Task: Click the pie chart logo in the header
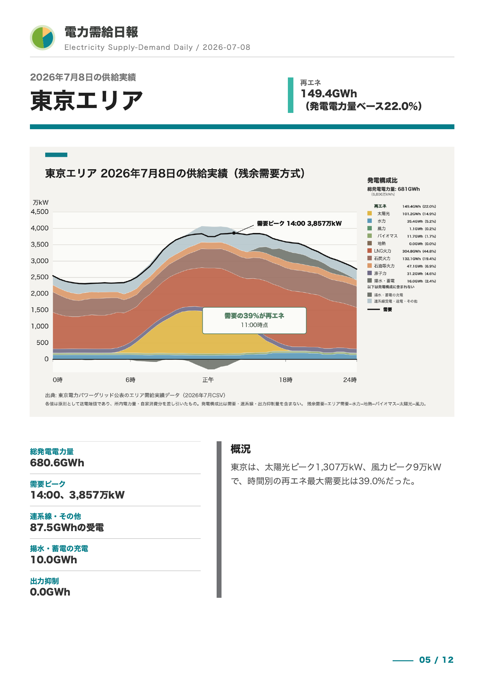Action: click(x=43, y=38)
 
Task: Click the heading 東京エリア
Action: click(x=87, y=101)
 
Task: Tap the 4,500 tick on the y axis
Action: click(x=40, y=212)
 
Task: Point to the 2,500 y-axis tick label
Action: click(x=40, y=277)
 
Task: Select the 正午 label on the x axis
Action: click(x=208, y=380)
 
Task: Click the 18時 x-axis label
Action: click(x=286, y=380)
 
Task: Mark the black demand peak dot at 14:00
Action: click(x=234, y=233)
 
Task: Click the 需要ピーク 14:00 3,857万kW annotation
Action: click(x=299, y=224)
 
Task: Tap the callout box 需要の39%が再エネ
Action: click(x=254, y=321)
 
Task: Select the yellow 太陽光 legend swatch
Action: click(x=370, y=213)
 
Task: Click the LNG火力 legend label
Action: click(x=383, y=251)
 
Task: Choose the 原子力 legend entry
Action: click(x=380, y=273)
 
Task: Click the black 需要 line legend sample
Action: click(x=373, y=309)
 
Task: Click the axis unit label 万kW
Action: click(x=41, y=202)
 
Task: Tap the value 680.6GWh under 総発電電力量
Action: click(x=57, y=463)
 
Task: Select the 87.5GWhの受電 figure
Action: click(x=67, y=527)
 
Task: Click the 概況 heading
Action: click(x=241, y=449)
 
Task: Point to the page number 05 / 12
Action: click(x=436, y=660)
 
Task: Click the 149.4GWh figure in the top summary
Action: click(x=329, y=94)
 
